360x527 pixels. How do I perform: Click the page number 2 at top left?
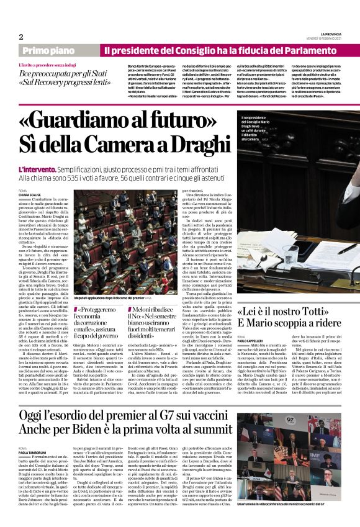(21, 37)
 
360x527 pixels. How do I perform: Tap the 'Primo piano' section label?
(52, 50)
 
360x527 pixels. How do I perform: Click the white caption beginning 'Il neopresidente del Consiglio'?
(259, 128)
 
